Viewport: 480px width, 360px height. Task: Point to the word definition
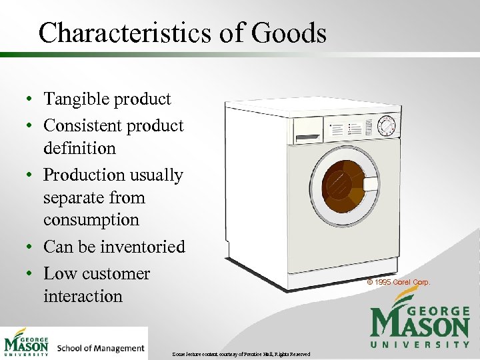coord(79,148)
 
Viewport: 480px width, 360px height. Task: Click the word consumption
coord(91,220)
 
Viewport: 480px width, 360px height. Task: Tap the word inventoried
coord(142,247)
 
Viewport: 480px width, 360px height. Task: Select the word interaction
coord(83,296)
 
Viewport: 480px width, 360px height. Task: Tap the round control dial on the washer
coord(387,126)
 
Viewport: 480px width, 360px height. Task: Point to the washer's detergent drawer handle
coord(307,138)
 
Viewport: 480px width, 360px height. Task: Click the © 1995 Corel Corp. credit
coord(399,282)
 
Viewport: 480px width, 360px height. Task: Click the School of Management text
coord(101,348)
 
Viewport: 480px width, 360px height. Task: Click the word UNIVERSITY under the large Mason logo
coord(420,345)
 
